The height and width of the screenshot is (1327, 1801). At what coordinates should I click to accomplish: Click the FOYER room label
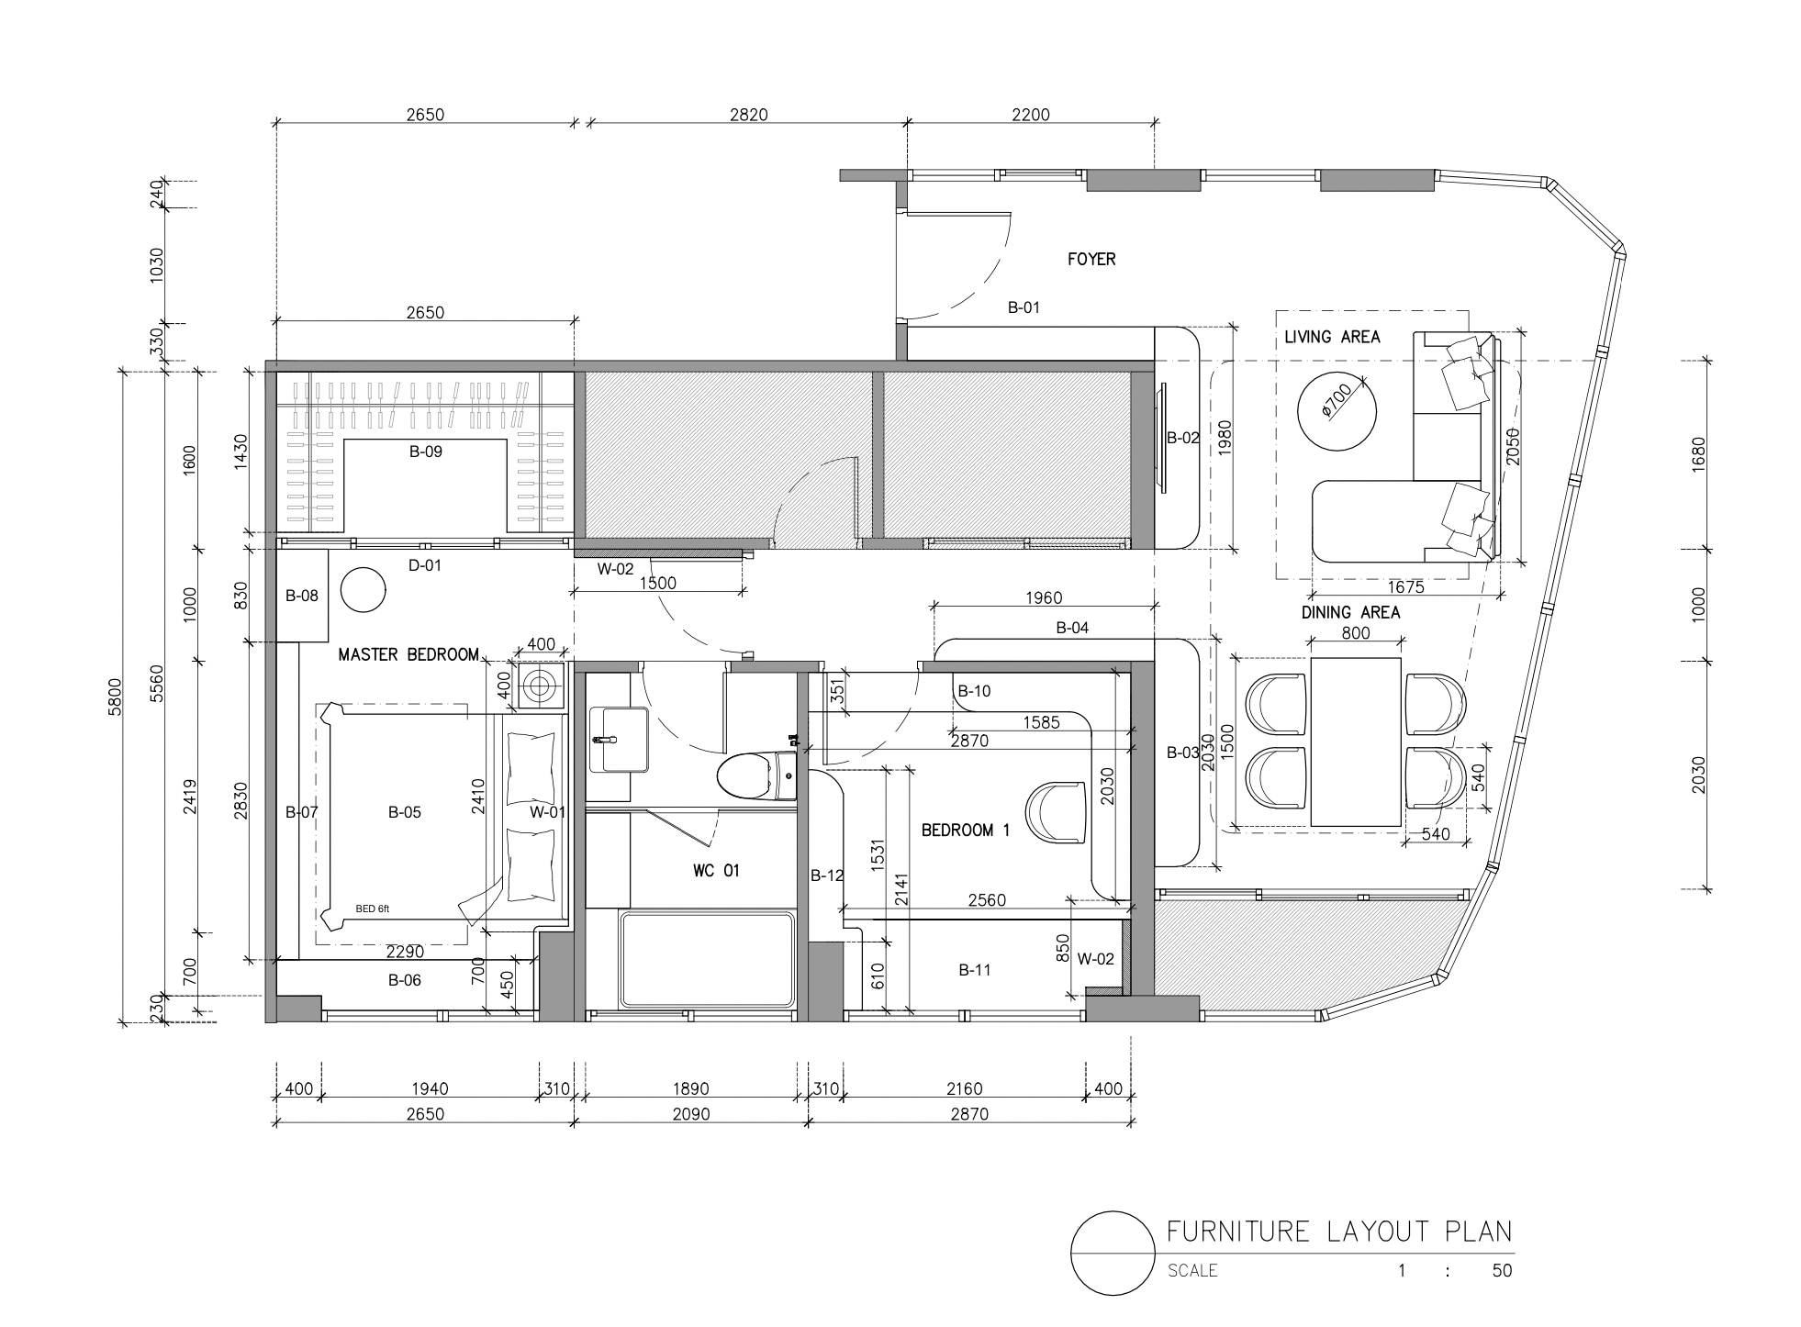click(x=1091, y=260)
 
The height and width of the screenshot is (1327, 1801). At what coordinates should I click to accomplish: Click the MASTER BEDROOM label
click(x=408, y=654)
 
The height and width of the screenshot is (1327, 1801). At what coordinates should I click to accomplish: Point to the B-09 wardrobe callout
click(x=426, y=452)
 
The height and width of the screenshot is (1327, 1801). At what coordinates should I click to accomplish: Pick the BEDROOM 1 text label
click(x=965, y=831)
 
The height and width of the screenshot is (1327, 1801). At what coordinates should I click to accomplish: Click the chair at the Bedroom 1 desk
click(x=1057, y=811)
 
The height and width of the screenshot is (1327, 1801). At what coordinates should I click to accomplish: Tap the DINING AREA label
click(x=1350, y=612)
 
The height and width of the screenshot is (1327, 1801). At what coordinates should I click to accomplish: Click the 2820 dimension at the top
click(x=748, y=115)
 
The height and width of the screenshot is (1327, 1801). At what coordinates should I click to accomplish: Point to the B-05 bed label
click(x=405, y=812)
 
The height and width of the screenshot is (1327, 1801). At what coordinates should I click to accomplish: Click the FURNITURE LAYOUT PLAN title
click(x=1339, y=1231)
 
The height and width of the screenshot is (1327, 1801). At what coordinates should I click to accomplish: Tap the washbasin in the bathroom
click(x=618, y=739)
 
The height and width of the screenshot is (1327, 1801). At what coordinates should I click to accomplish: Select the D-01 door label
click(x=425, y=565)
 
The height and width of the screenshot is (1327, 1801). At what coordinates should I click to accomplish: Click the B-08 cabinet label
click(x=301, y=596)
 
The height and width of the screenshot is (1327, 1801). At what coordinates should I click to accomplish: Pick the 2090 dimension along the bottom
click(x=691, y=1114)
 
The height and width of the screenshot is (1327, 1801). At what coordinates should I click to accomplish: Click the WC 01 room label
click(x=716, y=871)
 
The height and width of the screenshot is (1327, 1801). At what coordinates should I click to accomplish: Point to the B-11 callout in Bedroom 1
click(x=975, y=970)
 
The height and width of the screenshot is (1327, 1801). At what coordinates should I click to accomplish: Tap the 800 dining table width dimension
click(x=1356, y=633)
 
